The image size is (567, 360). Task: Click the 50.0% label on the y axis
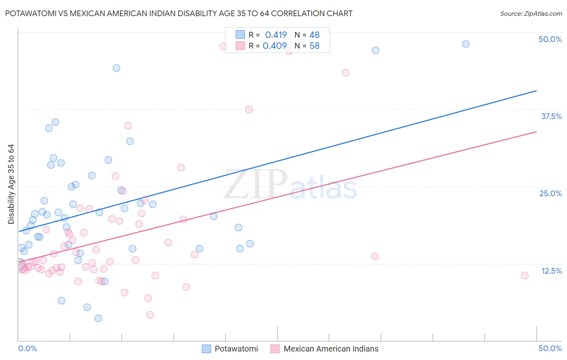click(x=550, y=39)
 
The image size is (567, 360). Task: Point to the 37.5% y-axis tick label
click(x=551, y=116)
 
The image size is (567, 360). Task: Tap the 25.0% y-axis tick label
click(x=550, y=193)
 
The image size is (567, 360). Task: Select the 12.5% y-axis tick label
click(x=551, y=271)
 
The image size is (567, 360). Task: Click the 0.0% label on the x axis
click(x=27, y=348)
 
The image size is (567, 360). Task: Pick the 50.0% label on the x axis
click(x=550, y=348)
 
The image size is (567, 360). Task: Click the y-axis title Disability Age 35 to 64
click(x=11, y=184)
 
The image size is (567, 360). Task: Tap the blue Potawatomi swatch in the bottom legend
click(x=206, y=349)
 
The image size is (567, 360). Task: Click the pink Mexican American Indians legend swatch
click(x=275, y=349)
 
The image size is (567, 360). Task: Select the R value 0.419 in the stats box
click(x=276, y=35)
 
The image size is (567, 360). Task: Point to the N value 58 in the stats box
click(x=314, y=46)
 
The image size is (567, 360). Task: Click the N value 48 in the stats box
click(x=314, y=35)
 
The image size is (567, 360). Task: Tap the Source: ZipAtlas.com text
click(x=531, y=13)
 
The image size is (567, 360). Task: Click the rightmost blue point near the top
click(x=465, y=44)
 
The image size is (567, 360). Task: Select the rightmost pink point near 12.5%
click(x=524, y=275)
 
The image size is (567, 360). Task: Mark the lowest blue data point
click(x=98, y=318)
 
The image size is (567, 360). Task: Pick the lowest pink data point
click(x=150, y=314)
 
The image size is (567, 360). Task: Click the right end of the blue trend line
click(x=536, y=91)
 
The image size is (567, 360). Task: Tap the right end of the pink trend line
click(x=536, y=132)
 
